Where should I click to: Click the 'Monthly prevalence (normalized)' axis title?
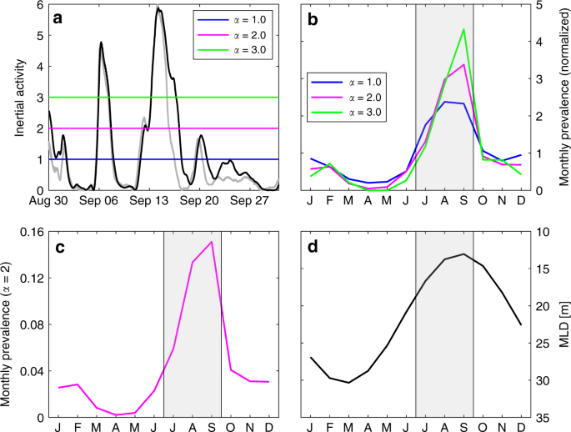tap(558, 97)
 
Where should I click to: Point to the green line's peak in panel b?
tap(463, 29)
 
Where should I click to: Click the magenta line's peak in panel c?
tap(212, 242)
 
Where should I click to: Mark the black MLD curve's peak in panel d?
tap(463, 254)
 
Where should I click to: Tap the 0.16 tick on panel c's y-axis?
tap(35, 231)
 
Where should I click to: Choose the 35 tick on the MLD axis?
tap(542, 418)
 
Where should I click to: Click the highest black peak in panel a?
tap(158, 9)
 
